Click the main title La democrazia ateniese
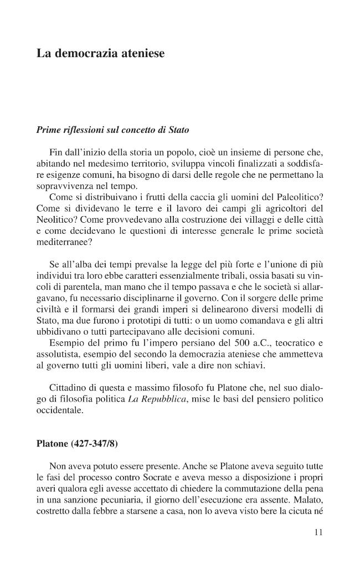pos(100,54)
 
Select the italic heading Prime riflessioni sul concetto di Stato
pos(112,131)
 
